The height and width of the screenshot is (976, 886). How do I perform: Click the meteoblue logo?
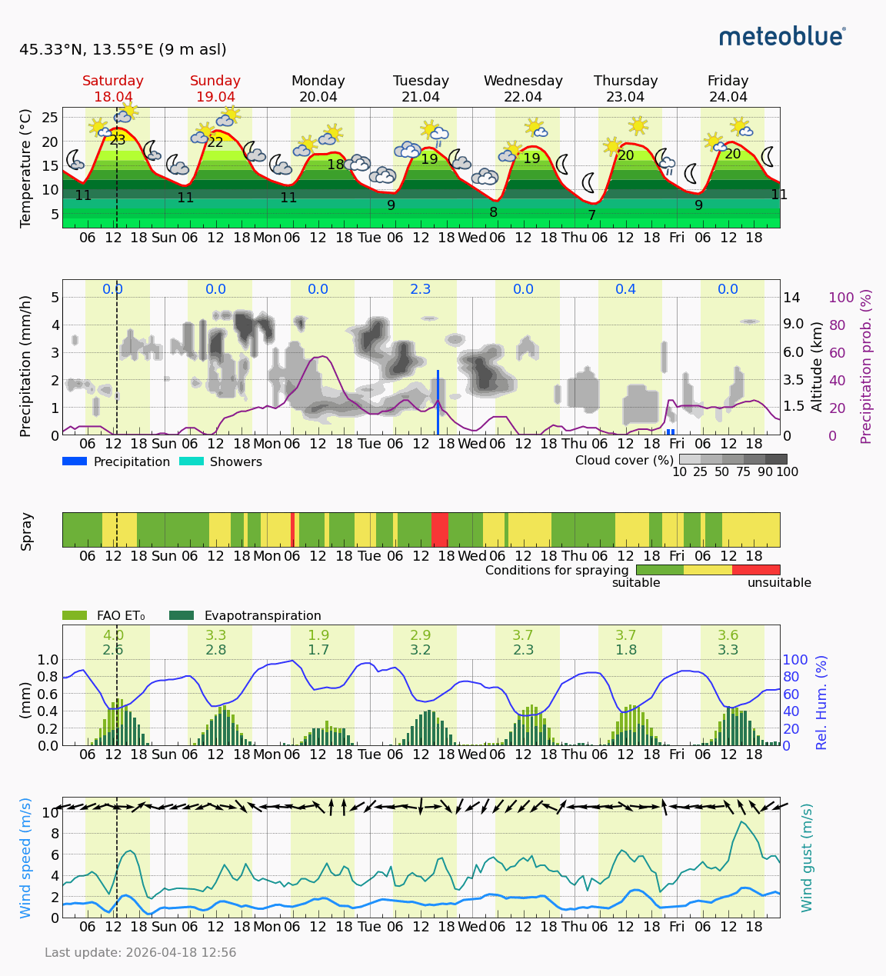coord(782,36)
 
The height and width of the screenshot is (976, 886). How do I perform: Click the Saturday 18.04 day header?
coord(113,88)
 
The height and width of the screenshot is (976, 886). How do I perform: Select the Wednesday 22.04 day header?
coord(523,88)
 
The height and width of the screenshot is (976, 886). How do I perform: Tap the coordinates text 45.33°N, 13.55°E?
coord(123,50)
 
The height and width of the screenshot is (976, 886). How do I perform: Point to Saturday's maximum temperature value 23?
coord(118,140)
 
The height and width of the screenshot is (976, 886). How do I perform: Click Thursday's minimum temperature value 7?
coord(591,215)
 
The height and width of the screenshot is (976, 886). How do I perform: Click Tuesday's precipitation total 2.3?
coord(421,289)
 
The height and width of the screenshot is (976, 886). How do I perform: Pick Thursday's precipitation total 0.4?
coord(625,289)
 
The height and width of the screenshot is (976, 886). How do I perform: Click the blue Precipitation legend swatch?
coord(75,461)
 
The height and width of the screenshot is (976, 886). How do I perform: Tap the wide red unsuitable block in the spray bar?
coord(440,530)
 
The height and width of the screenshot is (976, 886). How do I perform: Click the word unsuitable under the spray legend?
coord(779,583)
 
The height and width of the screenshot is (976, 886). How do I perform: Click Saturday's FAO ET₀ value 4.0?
coord(113,635)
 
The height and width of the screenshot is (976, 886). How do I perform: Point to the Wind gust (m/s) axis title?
coord(807,858)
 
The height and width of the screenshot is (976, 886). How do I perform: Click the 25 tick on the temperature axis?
coord(50,117)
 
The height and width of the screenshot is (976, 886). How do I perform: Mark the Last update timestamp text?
coord(141,953)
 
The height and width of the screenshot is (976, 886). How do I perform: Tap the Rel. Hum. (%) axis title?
coord(822,702)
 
